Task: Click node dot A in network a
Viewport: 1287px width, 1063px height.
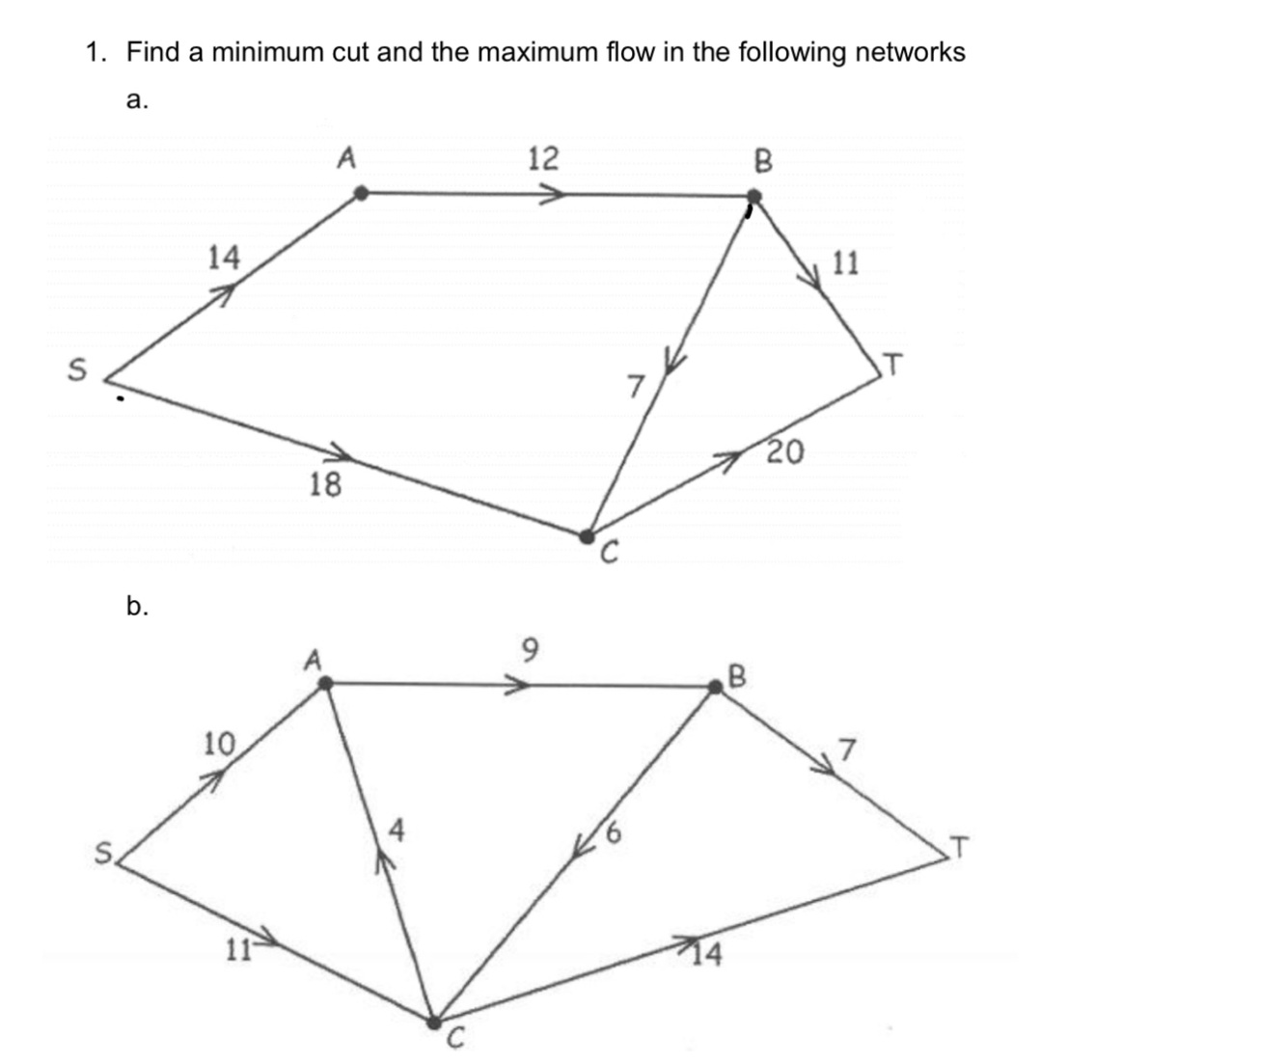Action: [x=361, y=194]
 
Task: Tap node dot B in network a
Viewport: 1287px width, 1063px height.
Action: [x=754, y=198]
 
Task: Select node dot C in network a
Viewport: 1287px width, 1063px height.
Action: [x=586, y=535]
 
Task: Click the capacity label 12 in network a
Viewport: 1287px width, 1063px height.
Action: [x=543, y=157]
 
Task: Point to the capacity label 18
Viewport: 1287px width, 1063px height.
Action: [x=325, y=484]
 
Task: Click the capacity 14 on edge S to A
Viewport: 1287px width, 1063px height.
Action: [x=224, y=258]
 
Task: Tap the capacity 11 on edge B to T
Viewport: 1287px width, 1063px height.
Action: [x=845, y=262]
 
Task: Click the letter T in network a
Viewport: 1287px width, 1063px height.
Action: [x=894, y=365]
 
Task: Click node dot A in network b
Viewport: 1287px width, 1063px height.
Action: [x=326, y=683]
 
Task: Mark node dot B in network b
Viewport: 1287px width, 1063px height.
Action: [x=716, y=686]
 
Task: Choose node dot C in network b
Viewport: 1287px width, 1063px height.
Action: [x=434, y=1021]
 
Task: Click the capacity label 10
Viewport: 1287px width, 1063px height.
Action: [x=219, y=744]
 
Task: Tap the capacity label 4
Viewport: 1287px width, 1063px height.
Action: [x=397, y=829]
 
